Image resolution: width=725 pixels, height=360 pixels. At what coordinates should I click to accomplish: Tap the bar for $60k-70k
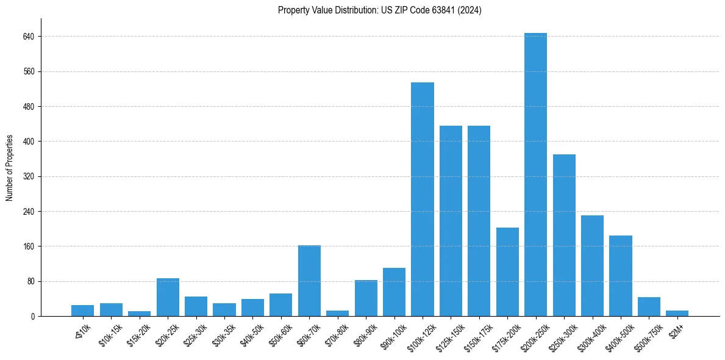pyautogui.click(x=309, y=281)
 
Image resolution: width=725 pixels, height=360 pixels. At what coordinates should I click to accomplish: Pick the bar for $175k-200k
pyautogui.click(x=507, y=272)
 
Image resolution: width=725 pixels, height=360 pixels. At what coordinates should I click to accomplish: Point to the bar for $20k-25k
pyautogui.click(x=168, y=297)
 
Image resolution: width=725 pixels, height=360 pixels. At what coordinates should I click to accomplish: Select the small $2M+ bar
pyautogui.click(x=677, y=313)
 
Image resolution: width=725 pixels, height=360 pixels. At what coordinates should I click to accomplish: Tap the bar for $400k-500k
pyautogui.click(x=620, y=276)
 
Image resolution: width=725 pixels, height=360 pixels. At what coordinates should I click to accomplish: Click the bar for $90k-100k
pyautogui.click(x=394, y=292)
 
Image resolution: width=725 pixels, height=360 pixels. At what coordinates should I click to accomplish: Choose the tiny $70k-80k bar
pyautogui.click(x=338, y=313)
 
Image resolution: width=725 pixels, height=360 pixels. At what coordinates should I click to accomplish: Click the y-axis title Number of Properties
pyautogui.click(x=10, y=168)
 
